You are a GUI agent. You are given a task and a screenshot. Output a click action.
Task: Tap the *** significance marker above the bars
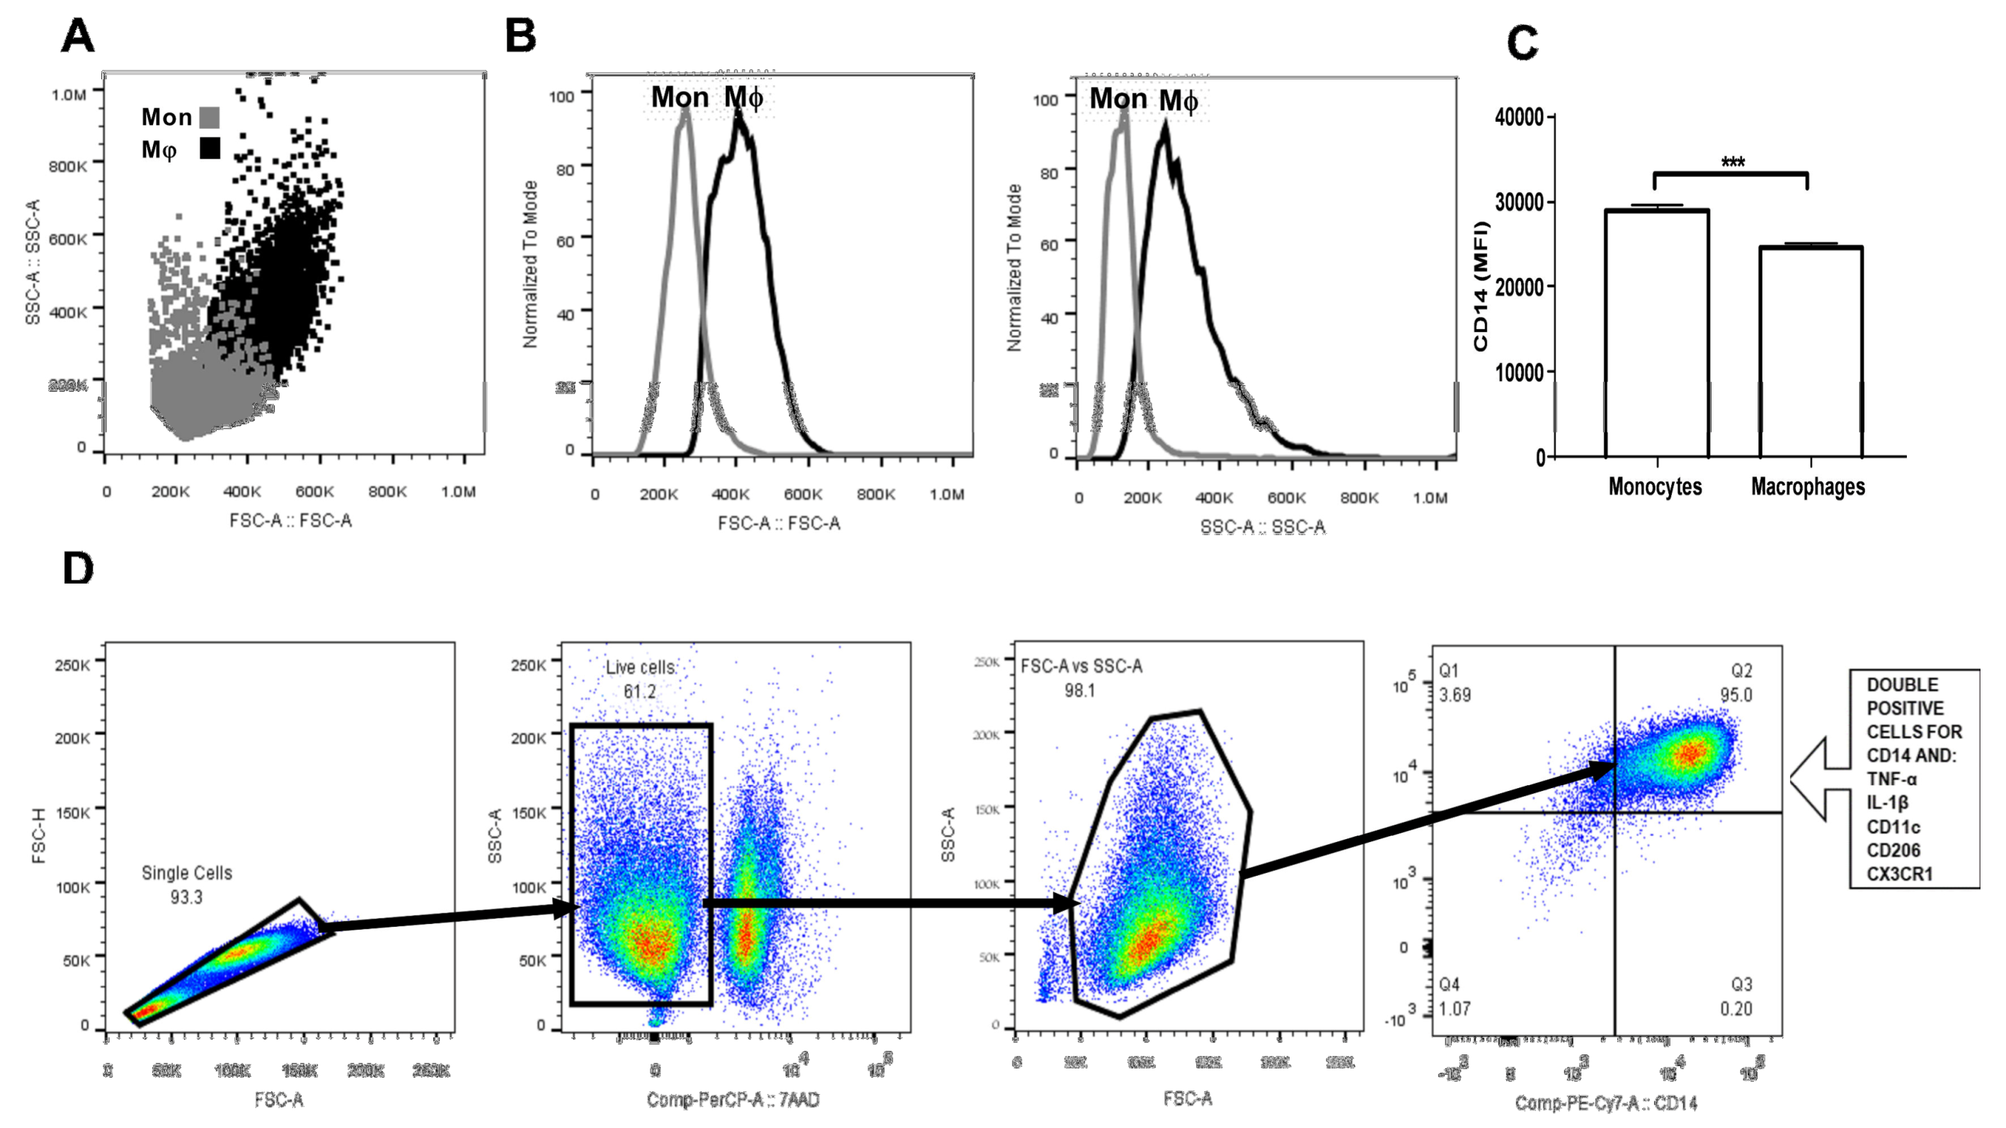point(1732,163)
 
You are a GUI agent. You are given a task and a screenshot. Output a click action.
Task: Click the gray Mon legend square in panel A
point(210,118)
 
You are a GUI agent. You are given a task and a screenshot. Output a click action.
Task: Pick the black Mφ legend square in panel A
point(210,148)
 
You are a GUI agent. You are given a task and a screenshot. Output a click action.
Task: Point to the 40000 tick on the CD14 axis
point(1518,117)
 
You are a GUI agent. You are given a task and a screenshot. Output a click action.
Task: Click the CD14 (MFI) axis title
point(1480,286)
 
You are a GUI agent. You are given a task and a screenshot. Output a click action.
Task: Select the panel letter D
point(78,569)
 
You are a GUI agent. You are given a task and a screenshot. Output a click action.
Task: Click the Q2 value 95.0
point(1736,695)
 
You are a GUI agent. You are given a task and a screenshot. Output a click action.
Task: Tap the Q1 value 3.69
point(1455,695)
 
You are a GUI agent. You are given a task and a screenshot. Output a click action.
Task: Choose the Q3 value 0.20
point(1736,1009)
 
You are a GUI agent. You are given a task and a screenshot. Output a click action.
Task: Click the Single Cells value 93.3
point(186,897)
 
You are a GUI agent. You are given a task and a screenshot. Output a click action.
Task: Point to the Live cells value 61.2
point(639,692)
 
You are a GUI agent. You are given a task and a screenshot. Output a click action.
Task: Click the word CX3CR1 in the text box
point(1899,874)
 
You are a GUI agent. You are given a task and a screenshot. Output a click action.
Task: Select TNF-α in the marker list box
point(1891,779)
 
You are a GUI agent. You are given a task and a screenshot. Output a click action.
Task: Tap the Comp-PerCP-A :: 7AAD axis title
point(733,1100)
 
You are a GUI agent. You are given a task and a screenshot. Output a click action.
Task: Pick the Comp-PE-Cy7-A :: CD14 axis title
point(1606,1103)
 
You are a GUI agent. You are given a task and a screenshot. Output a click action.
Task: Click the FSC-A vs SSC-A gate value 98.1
point(1079,690)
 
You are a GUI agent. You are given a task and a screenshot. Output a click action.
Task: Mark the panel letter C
point(1523,43)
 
